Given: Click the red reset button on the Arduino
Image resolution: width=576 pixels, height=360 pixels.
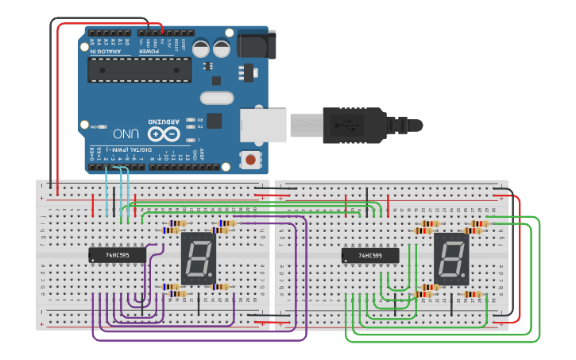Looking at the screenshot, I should pos(251,160).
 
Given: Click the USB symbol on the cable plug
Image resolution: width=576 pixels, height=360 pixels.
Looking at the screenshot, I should pos(348,125).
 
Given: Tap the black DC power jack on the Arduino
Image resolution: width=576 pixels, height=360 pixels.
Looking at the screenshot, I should pos(256,45).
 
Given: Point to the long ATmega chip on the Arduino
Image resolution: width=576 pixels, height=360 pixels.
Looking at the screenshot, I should pos(139,70).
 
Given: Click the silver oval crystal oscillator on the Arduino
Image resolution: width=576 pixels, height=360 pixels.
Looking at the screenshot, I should pos(217,98).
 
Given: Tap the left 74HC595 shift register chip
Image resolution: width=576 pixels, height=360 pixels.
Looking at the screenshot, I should pos(118,255).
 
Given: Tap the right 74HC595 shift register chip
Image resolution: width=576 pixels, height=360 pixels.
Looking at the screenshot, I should pos(370,256).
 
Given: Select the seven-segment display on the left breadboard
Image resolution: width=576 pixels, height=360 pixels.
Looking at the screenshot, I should pos(198,257).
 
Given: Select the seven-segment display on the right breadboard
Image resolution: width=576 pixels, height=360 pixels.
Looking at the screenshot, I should pos(450,258).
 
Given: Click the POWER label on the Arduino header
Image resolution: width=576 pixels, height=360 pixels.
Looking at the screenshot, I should pos(149,52).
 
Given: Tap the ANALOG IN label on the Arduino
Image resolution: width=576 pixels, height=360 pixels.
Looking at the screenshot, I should pos(105,52).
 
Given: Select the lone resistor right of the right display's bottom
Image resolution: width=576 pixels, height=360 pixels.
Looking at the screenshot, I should pos(472,294).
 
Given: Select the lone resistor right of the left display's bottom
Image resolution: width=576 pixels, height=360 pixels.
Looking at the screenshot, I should pos(220,287).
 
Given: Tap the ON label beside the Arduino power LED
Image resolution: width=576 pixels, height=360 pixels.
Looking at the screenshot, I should pos(94,126).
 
